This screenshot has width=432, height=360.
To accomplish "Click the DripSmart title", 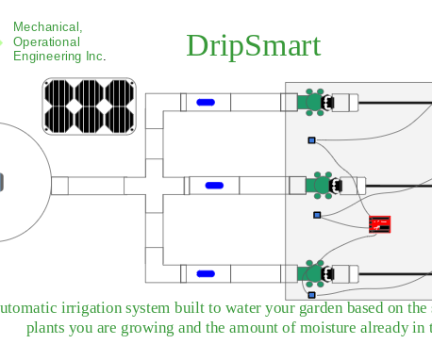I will [x=253, y=45].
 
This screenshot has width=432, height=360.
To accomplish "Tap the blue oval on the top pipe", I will [x=205, y=102].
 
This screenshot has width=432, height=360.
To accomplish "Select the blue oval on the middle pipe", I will [x=214, y=185].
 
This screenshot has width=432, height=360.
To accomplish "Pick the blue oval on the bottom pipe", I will [x=205, y=274].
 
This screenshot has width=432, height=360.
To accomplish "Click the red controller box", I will [x=380, y=224].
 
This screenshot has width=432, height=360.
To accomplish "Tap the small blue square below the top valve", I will [x=311, y=141].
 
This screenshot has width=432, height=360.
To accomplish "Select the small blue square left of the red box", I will [x=316, y=216].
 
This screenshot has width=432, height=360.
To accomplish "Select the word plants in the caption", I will [x=48, y=328].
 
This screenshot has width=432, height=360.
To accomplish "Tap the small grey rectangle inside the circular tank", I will [x=2, y=182].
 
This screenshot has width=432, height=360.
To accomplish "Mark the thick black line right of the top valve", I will [x=396, y=102].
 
